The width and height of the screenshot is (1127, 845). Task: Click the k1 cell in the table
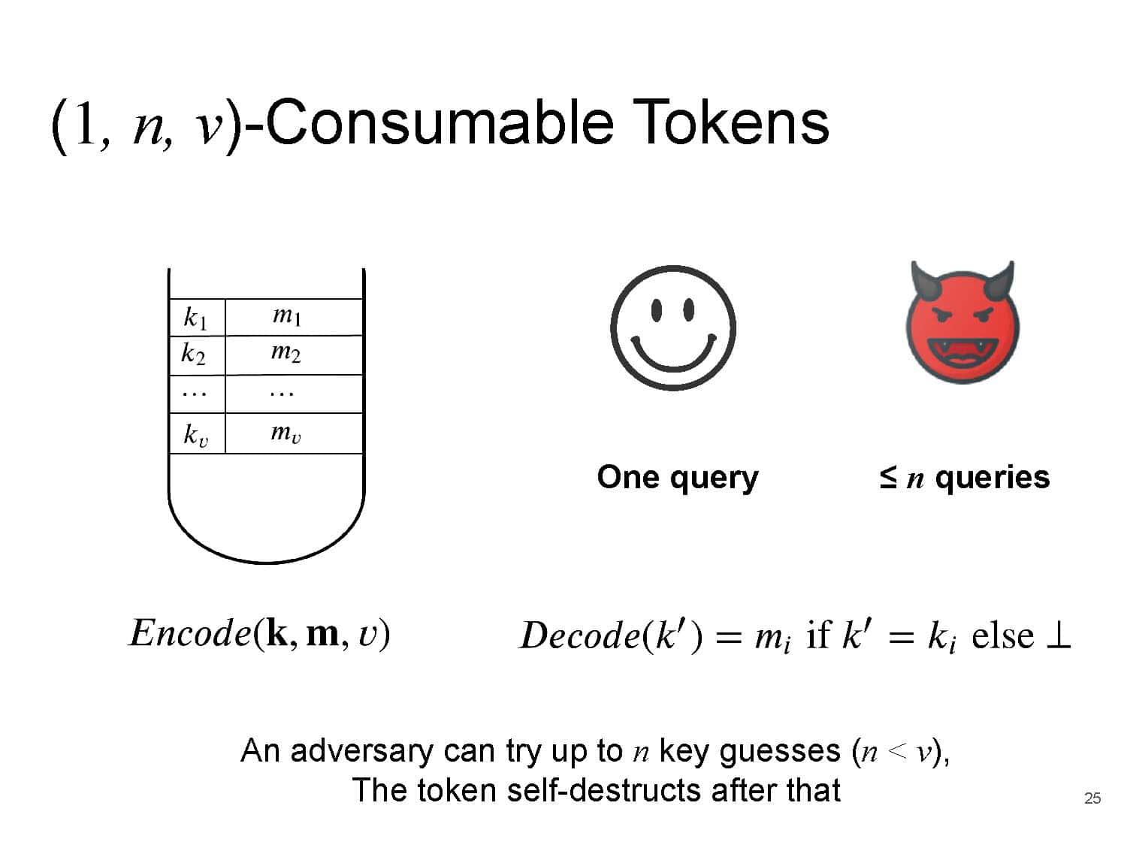click(x=197, y=317)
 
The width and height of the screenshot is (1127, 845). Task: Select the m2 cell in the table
click(x=294, y=355)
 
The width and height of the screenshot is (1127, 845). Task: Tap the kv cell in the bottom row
click(x=197, y=433)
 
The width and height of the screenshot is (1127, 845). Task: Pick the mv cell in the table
click(x=294, y=433)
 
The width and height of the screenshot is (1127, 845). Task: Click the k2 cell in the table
click(x=197, y=355)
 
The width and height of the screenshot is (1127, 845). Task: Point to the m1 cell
click(x=294, y=317)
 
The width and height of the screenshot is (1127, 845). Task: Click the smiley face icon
click(x=673, y=327)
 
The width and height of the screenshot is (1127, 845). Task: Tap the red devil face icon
click(x=962, y=322)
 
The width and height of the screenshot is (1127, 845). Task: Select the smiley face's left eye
click(x=656, y=310)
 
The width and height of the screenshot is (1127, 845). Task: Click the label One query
click(x=678, y=478)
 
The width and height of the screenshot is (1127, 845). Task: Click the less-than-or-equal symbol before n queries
click(x=888, y=477)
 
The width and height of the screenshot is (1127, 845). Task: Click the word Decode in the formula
click(x=580, y=635)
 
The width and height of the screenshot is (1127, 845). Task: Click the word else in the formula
click(x=1003, y=636)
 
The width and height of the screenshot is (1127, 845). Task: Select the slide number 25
click(x=1092, y=798)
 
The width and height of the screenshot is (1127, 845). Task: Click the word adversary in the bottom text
click(x=362, y=752)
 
